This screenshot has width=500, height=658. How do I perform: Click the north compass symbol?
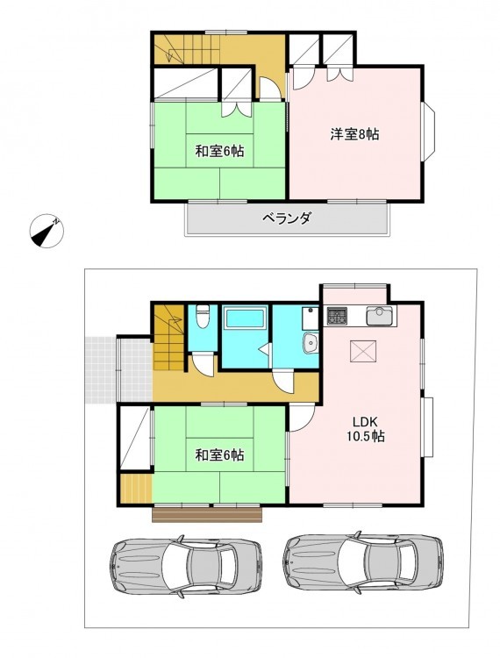pyautogui.click(x=46, y=231)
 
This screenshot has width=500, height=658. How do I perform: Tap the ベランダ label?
pyautogui.click(x=287, y=218)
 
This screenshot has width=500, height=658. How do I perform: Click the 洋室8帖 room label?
pyautogui.click(x=355, y=134)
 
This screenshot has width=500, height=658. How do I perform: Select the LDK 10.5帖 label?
pyautogui.click(x=366, y=429)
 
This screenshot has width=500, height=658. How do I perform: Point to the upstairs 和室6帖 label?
pyautogui.click(x=219, y=151)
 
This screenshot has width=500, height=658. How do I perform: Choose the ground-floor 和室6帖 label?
pyautogui.click(x=219, y=454)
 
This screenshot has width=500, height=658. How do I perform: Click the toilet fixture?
pyautogui.click(x=203, y=317)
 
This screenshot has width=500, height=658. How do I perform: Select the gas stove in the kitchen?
pyautogui.click(x=337, y=316)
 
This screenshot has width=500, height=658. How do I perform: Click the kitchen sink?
pyautogui.click(x=379, y=316)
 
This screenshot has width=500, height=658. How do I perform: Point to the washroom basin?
pyautogui.click(x=311, y=344)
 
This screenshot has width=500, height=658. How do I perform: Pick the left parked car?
pyautogui.click(x=185, y=566)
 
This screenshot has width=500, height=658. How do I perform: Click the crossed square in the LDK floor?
pyautogui.click(x=363, y=350)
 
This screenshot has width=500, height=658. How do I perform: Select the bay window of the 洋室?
pyautogui.click(x=429, y=132)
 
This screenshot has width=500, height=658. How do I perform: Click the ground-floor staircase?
pyautogui.click(x=169, y=337)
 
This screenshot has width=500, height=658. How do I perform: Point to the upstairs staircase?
pyautogui.click(x=187, y=49)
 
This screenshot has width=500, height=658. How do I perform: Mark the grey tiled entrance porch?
pyautogui.click(x=118, y=369)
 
